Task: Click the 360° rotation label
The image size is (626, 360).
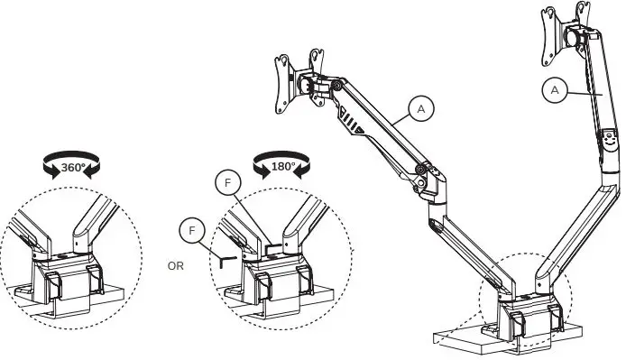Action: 73,168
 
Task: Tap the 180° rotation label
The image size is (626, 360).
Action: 283,167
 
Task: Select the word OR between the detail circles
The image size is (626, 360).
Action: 176,266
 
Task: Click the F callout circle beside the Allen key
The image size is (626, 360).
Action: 192,231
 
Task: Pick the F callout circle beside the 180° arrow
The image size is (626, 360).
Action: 228,183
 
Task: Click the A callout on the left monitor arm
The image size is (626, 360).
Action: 421,108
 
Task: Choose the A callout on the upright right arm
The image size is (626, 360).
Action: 555,90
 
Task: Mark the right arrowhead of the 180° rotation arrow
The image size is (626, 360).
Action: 302,171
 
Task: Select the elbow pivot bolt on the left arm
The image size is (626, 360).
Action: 419,170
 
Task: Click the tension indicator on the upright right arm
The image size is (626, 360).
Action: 609,140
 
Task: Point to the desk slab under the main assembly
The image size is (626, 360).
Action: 507,337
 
